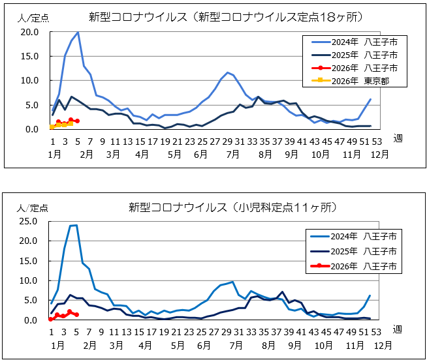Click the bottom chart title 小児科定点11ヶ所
click(x=232, y=207)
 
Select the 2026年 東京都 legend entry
click(x=362, y=81)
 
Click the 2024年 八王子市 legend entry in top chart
click(x=362, y=42)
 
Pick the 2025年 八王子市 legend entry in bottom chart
click(x=362, y=250)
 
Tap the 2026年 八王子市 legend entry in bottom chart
click(x=362, y=266)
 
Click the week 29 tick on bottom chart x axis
click(x=227, y=333)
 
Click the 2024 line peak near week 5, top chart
click(x=78, y=32)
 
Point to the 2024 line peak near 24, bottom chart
click(x=76, y=226)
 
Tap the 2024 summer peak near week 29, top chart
click(x=227, y=72)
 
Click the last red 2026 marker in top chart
click(x=77, y=121)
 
